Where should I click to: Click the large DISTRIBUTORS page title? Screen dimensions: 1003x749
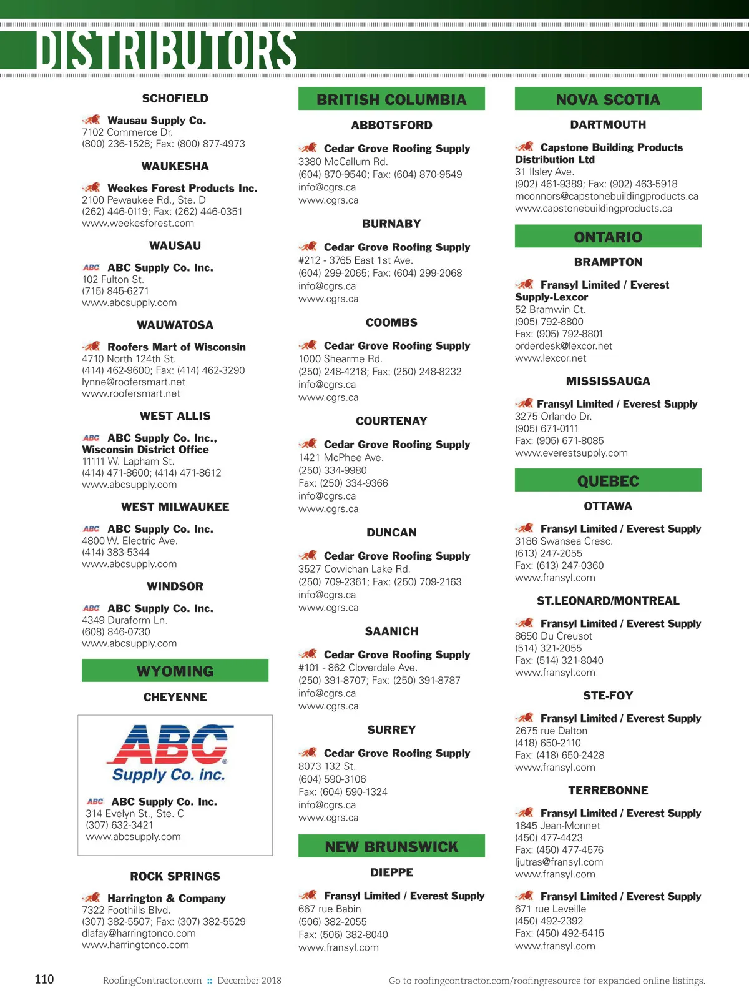pyautogui.click(x=166, y=50)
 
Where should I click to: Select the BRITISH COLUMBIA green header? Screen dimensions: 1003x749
pyautogui.click(x=391, y=99)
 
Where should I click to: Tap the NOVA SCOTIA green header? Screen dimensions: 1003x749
pyautogui.click(x=608, y=99)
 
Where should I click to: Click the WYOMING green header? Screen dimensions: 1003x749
pyautogui.click(x=175, y=671)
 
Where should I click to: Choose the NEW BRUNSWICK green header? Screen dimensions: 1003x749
pyautogui.click(x=391, y=847)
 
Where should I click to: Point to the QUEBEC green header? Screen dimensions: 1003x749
pyautogui.click(x=608, y=481)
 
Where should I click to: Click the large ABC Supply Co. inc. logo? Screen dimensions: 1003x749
pyautogui.click(x=170, y=753)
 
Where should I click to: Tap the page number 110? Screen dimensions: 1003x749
pyautogui.click(x=44, y=979)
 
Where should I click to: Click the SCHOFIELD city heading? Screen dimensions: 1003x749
pyautogui.click(x=175, y=98)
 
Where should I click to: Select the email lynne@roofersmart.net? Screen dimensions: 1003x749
pyautogui.click(x=134, y=382)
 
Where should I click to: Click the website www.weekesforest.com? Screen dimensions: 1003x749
pyautogui.click(x=138, y=223)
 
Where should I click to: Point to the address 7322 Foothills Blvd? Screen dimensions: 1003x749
pyautogui.click(x=126, y=910)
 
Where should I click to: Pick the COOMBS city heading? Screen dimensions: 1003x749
pyautogui.click(x=391, y=322)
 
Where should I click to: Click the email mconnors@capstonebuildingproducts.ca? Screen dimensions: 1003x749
pyautogui.click(x=606, y=196)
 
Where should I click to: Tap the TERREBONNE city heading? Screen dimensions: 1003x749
pyautogui.click(x=608, y=790)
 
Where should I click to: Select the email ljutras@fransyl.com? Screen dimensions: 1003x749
pyautogui.click(x=559, y=862)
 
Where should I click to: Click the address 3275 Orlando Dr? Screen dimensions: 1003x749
pyautogui.click(x=553, y=416)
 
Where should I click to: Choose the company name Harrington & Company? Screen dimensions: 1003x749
pyautogui.click(x=166, y=898)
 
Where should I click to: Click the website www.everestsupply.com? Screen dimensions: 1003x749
pyautogui.click(x=571, y=453)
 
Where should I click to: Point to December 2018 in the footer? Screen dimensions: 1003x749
pyautogui.click(x=249, y=981)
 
